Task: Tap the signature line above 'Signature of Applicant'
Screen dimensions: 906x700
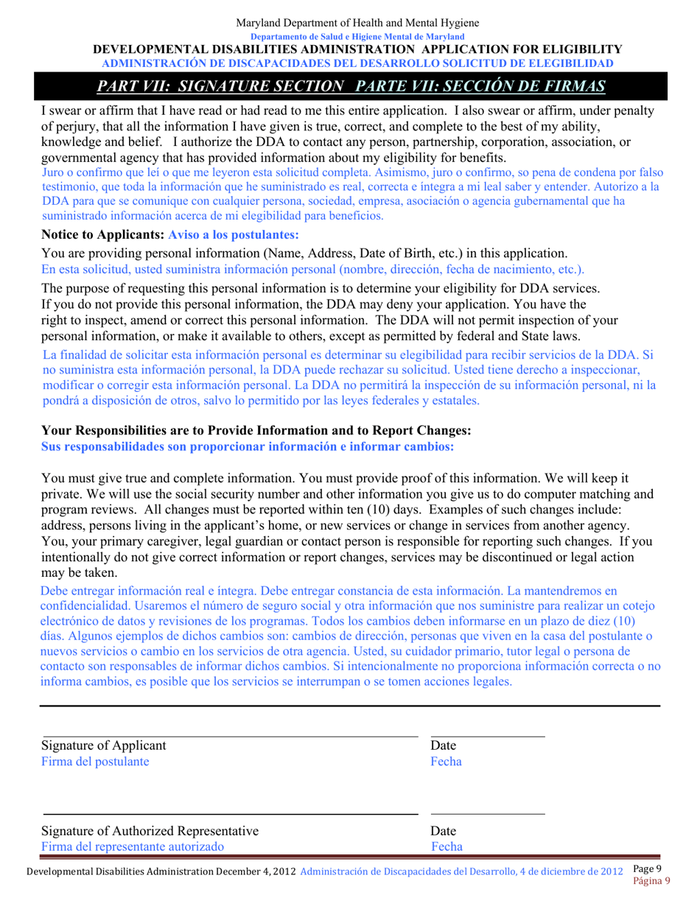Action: tap(230, 736)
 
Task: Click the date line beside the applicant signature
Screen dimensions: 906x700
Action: tap(488, 736)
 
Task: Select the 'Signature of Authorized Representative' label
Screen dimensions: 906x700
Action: tap(150, 831)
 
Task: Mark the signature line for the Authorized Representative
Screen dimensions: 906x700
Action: tap(230, 815)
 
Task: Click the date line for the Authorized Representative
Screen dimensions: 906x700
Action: tap(488, 815)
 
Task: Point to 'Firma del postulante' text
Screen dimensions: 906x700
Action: tap(94, 762)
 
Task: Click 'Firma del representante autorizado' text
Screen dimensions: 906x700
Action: tap(133, 847)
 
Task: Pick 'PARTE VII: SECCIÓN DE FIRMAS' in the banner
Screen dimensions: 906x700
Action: tap(480, 86)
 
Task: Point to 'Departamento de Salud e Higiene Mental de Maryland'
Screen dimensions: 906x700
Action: tap(357, 36)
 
